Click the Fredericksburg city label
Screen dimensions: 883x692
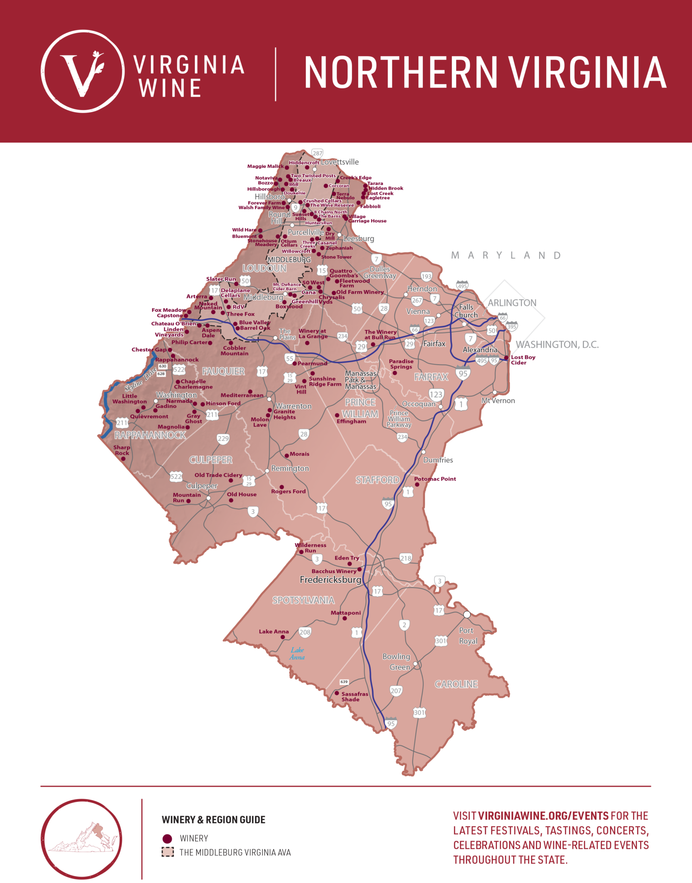330,580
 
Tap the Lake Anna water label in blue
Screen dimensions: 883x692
297,653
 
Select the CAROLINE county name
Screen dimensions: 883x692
456,684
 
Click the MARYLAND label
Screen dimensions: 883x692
506,256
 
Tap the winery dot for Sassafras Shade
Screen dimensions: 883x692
337,693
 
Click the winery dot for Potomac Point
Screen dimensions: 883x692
417,485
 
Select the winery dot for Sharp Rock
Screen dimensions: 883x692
123,458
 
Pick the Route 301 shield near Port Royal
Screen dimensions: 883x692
441,641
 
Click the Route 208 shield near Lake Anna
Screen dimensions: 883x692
305,632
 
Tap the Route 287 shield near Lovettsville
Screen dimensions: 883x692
318,153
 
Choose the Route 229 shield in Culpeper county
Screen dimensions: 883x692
223,439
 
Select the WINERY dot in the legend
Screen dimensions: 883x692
167,838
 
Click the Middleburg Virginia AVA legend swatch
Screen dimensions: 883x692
167,852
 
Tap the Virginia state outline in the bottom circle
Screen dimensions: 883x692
82,839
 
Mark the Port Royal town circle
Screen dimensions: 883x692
467,614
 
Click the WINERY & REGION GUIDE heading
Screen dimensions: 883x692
213,820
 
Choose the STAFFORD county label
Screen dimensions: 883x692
377,480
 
